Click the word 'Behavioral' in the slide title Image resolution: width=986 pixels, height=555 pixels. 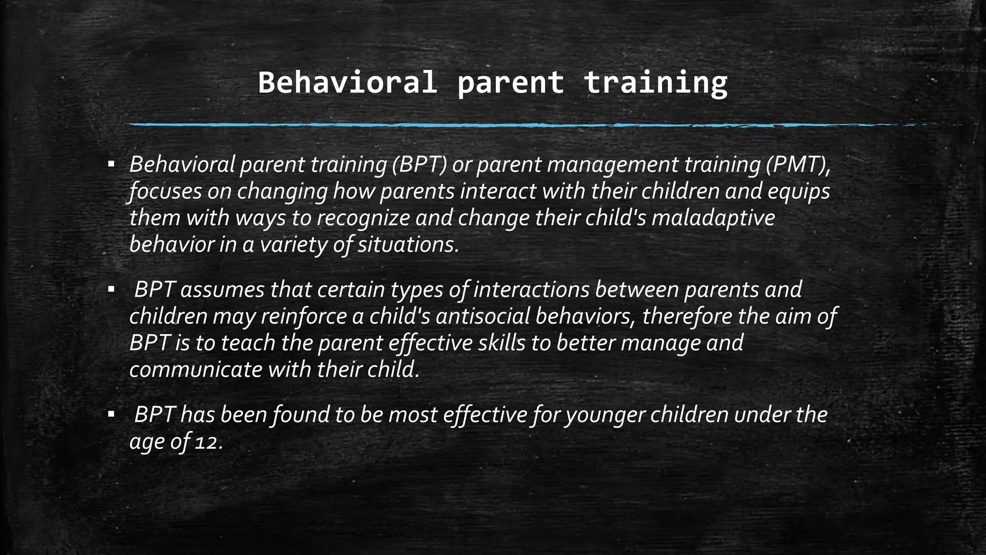tap(347, 82)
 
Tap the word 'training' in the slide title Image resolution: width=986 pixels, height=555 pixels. tap(655, 82)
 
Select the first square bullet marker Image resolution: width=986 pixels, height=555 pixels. tap(111, 165)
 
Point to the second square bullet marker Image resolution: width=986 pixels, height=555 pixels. tap(111, 290)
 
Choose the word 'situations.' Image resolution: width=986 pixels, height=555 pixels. tap(408, 245)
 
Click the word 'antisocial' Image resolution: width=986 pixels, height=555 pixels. tap(482, 317)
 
